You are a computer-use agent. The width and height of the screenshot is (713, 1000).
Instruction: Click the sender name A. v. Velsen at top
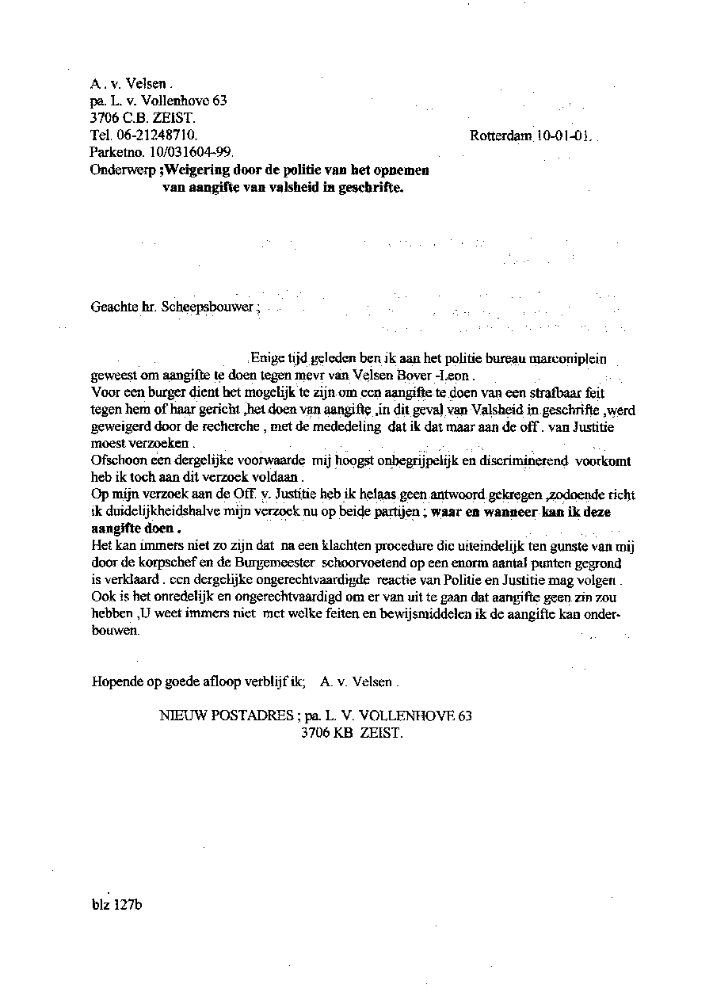pos(128,83)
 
